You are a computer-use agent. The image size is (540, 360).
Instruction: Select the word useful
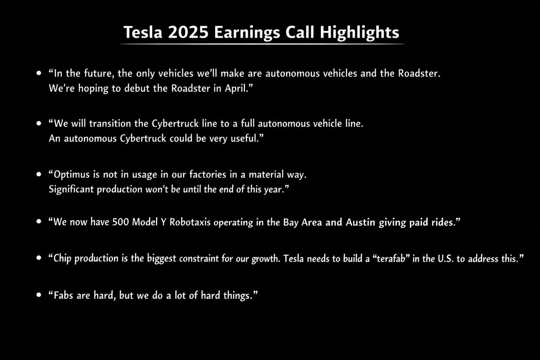click(x=247, y=139)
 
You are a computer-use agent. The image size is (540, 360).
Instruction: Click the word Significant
click(x=71, y=189)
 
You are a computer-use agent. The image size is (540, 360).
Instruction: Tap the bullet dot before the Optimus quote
click(x=39, y=174)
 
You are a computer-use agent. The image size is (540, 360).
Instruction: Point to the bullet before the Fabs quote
click(x=39, y=296)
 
